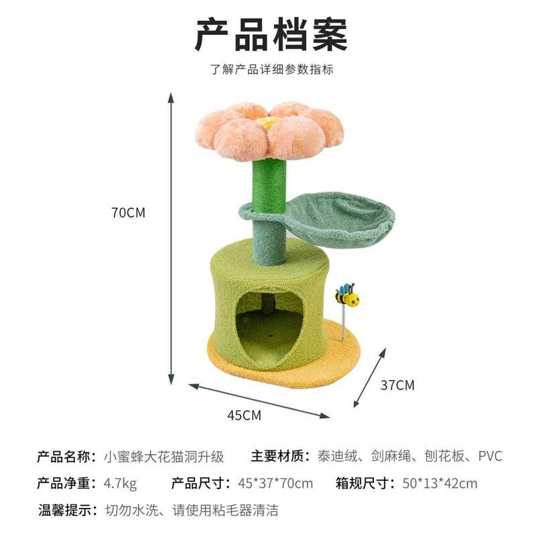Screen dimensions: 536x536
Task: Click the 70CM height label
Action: tap(128, 213)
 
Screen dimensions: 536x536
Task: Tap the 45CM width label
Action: tap(244, 415)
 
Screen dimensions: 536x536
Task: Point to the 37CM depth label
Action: tap(397, 385)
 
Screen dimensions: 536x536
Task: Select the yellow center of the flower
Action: tap(270, 123)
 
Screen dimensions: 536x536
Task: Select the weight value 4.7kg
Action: tap(121, 484)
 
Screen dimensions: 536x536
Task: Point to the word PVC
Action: tap(490, 457)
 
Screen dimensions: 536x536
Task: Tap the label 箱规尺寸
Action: tap(363, 484)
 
